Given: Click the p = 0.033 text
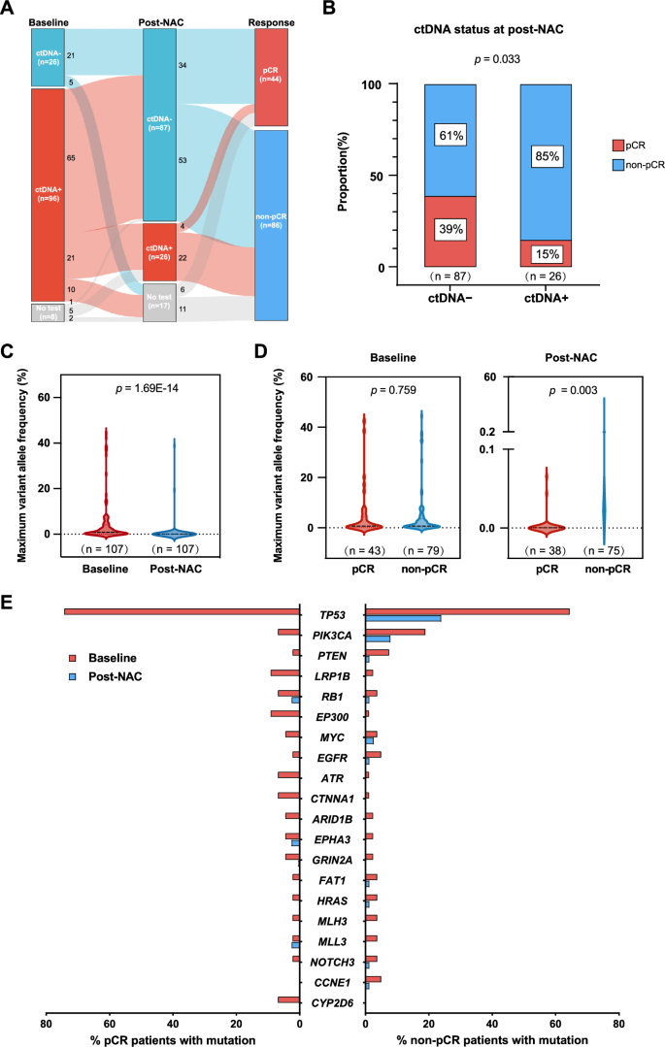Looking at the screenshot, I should click(x=497, y=59).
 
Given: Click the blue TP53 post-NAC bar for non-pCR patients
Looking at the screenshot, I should click(x=403, y=618).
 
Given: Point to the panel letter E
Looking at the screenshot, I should click(x=10, y=603).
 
